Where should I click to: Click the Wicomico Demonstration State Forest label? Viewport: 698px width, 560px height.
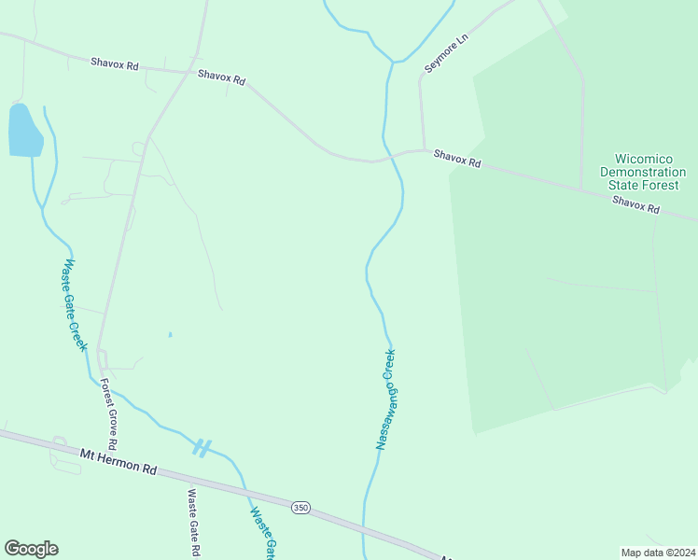(643, 172)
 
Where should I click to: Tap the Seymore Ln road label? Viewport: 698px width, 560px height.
(445, 54)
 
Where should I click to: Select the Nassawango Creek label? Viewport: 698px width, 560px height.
(386, 399)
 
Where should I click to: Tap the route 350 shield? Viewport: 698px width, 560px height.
(300, 507)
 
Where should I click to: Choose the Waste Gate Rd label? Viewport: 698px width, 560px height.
(193, 523)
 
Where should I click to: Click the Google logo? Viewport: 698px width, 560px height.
(31, 549)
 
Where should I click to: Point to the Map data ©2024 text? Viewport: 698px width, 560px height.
(659, 552)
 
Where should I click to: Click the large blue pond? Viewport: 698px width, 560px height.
(24, 131)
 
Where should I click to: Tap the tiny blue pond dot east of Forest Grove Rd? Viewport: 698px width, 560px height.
(170, 334)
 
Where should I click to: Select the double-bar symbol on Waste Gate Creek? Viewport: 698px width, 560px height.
(202, 447)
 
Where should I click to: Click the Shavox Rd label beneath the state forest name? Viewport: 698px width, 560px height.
(635, 205)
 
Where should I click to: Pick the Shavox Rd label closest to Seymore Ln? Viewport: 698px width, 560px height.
(457, 161)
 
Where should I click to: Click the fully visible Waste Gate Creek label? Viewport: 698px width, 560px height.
(74, 304)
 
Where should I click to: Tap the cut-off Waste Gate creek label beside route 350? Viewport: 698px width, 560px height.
(263, 533)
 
